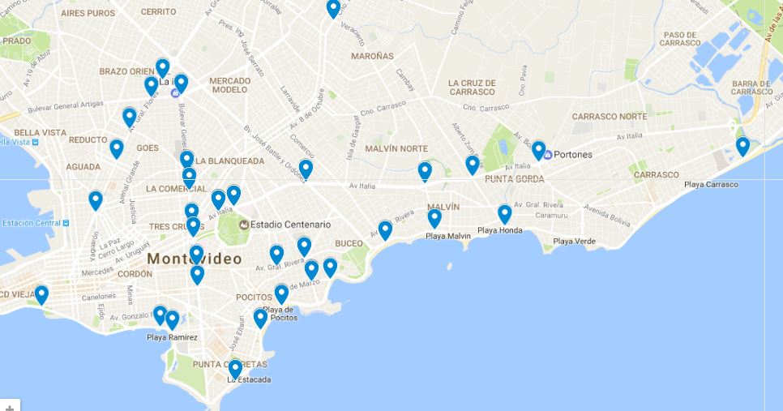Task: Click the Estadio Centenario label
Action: coord(290,225)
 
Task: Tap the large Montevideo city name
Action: coord(195,259)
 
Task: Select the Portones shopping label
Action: coord(572,155)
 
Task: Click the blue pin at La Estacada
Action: coord(235,369)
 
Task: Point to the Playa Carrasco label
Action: coord(711,185)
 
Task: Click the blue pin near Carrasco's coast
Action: coord(742,146)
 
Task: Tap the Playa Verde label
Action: coord(574,242)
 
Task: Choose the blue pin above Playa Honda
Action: coord(504,214)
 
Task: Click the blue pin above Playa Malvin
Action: coord(434,218)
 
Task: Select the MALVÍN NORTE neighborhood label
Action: coord(396,148)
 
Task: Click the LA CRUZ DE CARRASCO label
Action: coord(471,87)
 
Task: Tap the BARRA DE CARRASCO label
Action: coord(751,88)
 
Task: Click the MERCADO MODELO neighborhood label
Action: coord(229,85)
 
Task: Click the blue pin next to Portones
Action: coord(538,150)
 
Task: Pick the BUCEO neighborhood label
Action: coord(349,243)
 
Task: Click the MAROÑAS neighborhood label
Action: coord(372,57)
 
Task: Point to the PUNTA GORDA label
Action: coord(514,179)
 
